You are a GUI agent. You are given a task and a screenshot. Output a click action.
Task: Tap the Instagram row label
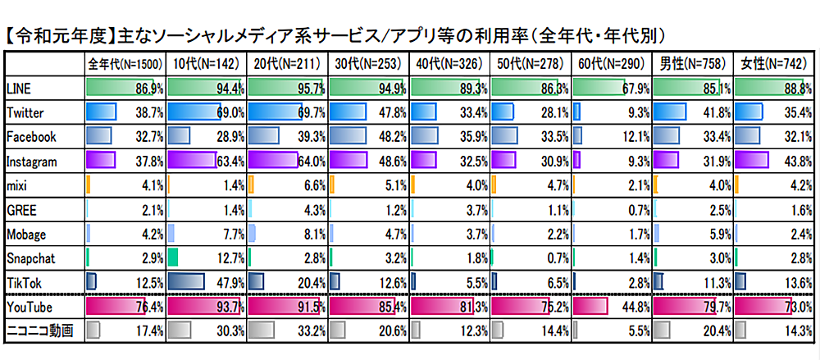click(x=30, y=162)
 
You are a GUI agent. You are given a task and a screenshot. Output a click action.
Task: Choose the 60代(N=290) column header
click(x=611, y=63)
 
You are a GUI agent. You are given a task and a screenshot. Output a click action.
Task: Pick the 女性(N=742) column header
click(x=773, y=63)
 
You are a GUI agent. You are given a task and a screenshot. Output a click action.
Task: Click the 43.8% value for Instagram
click(x=795, y=162)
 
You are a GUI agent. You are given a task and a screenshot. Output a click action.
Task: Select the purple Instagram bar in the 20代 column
click(x=271, y=161)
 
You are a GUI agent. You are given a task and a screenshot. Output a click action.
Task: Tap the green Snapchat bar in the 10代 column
click(x=173, y=259)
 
